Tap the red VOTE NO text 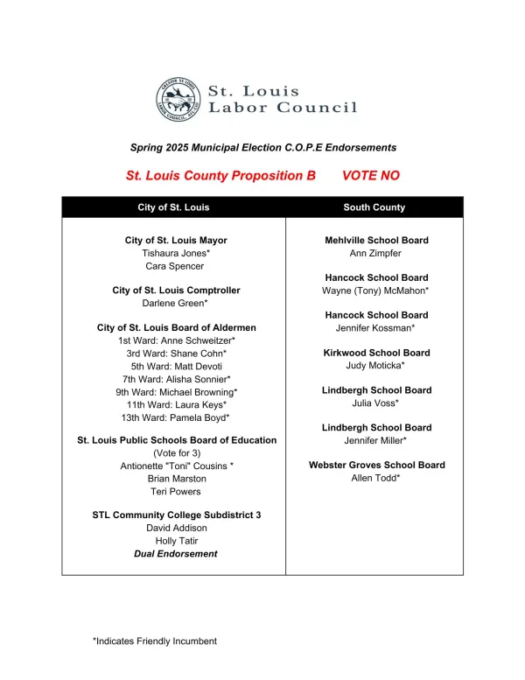coord(370,175)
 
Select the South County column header coord(374,207)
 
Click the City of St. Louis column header coord(173,207)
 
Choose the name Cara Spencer coord(174,266)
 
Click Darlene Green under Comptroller coord(175,303)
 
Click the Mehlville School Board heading coord(376,241)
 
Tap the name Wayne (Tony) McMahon coord(376,291)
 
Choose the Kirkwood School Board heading coord(376,353)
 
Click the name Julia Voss coord(376,403)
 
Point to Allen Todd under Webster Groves coord(376,478)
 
